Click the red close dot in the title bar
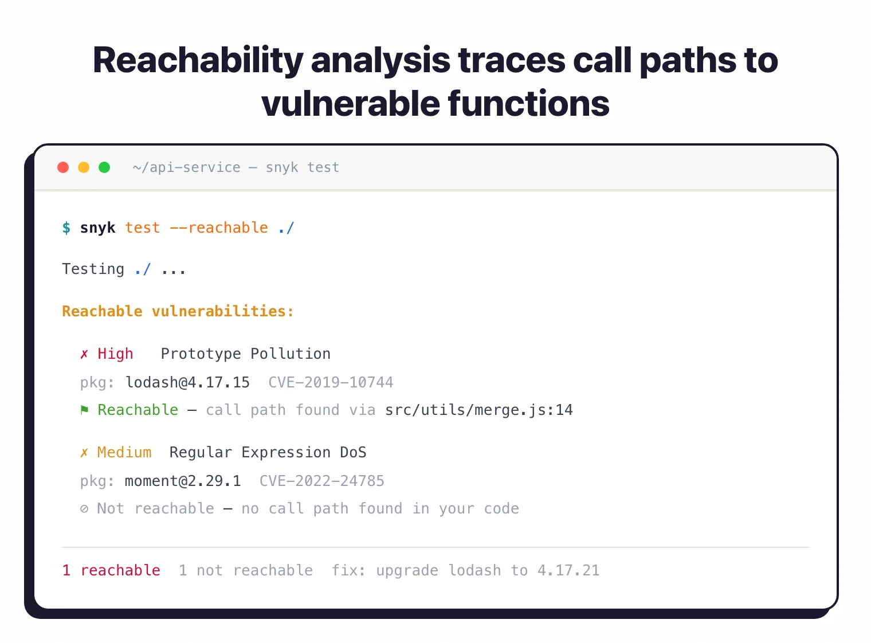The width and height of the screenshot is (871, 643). tap(63, 167)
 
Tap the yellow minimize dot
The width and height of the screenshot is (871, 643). tap(84, 167)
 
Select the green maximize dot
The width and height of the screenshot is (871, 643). tap(104, 167)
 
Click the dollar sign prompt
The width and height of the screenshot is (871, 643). tap(66, 228)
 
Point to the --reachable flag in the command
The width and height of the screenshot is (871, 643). tap(218, 228)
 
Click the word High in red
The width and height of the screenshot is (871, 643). tap(115, 354)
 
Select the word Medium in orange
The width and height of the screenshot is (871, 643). tap(124, 452)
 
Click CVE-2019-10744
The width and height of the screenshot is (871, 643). tap(331, 382)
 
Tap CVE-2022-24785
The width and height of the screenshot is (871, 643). tap(321, 481)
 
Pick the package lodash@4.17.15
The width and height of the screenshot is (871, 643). tap(187, 382)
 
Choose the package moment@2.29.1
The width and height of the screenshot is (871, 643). tap(183, 481)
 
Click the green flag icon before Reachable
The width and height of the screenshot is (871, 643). tap(84, 410)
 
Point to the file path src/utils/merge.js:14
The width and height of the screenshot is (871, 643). tap(478, 410)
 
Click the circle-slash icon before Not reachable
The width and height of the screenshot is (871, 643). tap(84, 509)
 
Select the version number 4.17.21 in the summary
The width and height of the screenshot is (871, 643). tap(568, 570)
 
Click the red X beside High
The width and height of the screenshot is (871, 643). tap(84, 354)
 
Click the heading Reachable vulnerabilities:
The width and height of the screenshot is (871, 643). tap(178, 311)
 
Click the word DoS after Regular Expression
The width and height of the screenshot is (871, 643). tap(353, 452)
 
